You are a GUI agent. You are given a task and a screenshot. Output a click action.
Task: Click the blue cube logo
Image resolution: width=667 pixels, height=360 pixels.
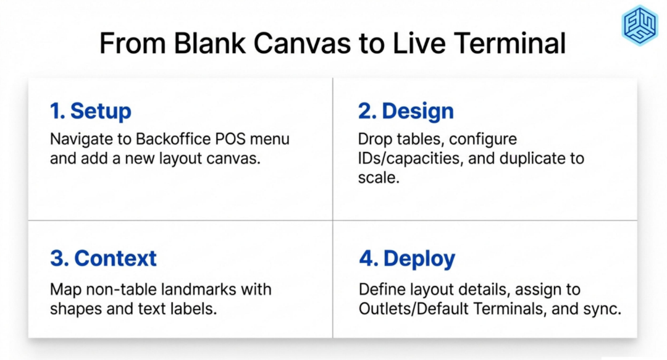pyautogui.click(x=640, y=25)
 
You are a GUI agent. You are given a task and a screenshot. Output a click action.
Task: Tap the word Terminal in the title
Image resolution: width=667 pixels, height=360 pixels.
pyautogui.click(x=510, y=43)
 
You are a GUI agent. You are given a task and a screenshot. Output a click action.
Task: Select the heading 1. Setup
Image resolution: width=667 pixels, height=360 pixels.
pyautogui.click(x=91, y=111)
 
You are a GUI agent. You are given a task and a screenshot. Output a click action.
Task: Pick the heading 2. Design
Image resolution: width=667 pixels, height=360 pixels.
pyautogui.click(x=406, y=111)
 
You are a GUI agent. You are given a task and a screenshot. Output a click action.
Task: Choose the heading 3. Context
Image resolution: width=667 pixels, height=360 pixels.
pyautogui.click(x=103, y=258)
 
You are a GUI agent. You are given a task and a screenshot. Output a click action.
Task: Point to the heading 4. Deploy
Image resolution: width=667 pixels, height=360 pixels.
pyautogui.click(x=407, y=258)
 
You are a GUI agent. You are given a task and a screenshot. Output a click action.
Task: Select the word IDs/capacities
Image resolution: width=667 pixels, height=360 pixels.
pyautogui.click(x=411, y=159)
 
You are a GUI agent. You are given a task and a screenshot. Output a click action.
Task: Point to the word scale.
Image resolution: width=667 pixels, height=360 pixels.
pyautogui.click(x=379, y=177)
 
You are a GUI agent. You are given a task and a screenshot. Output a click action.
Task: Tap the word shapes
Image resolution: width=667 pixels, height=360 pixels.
pyautogui.click(x=76, y=309)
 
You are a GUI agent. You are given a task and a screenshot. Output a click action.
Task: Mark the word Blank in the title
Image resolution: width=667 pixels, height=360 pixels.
pyautogui.click(x=209, y=43)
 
